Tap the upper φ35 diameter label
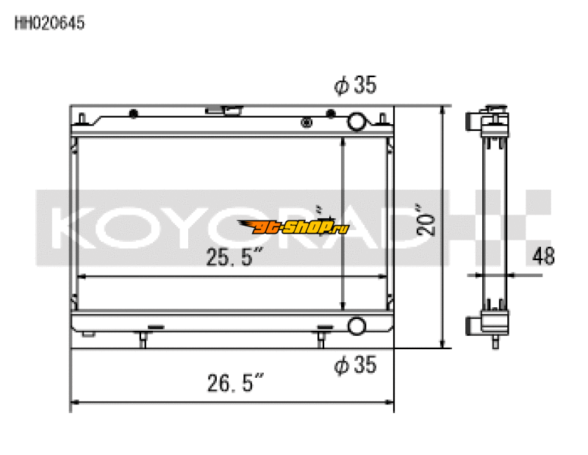[x=355, y=87]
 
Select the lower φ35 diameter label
[x=355, y=364]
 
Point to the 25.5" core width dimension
[x=234, y=258]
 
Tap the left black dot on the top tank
[x=134, y=114]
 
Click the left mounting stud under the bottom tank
[x=143, y=339]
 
